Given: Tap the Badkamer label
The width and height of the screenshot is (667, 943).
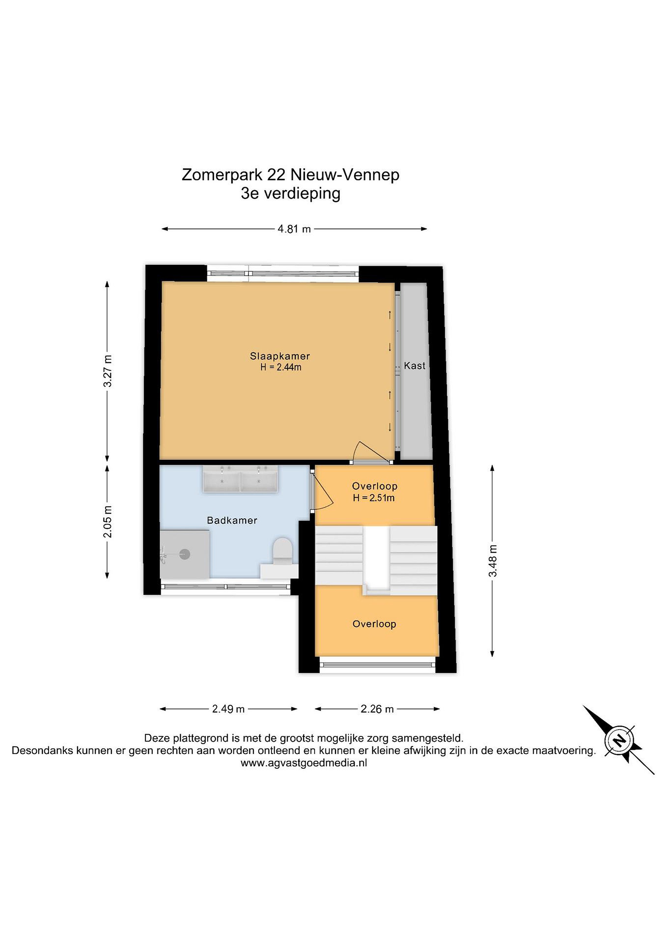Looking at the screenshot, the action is [232, 520].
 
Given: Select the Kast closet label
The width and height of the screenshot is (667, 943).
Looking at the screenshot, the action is [415, 365].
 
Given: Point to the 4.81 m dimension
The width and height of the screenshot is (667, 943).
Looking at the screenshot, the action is [294, 229].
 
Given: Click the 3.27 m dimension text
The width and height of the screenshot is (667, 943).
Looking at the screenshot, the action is [108, 371].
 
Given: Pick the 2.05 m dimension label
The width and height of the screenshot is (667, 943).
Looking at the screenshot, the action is [108, 522].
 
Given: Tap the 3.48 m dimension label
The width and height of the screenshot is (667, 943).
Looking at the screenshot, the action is [493, 561].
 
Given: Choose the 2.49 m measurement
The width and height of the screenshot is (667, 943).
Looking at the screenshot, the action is [228, 709].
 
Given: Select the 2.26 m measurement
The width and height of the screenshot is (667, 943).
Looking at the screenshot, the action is [377, 709].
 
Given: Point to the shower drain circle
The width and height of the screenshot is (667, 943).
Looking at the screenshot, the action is [185, 554].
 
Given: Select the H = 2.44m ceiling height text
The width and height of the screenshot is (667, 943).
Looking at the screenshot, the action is [281, 367].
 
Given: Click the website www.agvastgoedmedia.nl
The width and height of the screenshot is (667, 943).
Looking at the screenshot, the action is [304, 763].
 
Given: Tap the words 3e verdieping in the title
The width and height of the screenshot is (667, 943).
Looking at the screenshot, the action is [291, 193].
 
